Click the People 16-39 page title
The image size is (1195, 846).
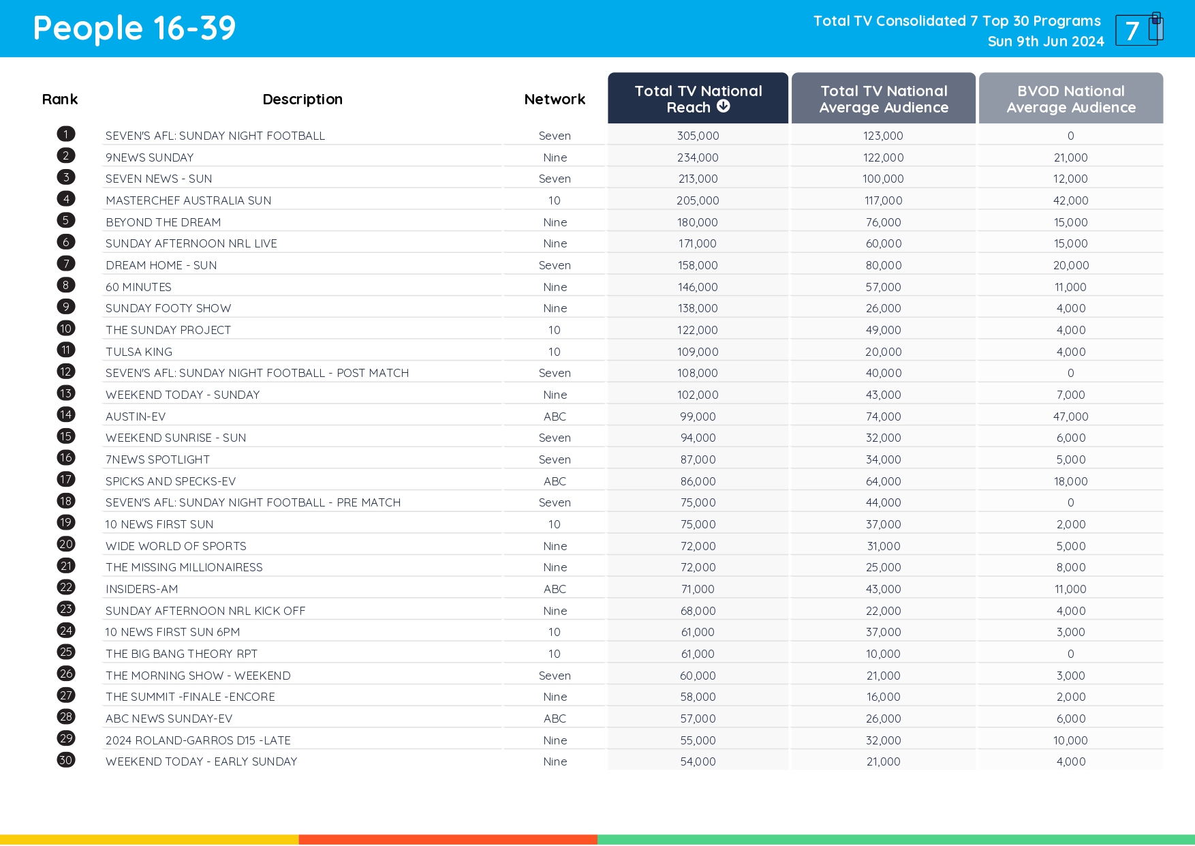[x=134, y=29]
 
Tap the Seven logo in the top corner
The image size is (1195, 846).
[x=1138, y=29]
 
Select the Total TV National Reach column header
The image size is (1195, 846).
[x=698, y=99]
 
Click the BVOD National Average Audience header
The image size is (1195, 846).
[x=1070, y=99]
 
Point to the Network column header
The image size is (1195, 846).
[x=555, y=100]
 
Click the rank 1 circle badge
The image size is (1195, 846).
[x=66, y=134]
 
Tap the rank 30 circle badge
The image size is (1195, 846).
[x=66, y=760]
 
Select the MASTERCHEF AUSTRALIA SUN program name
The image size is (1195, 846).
[x=188, y=200]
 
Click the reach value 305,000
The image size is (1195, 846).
[x=698, y=136]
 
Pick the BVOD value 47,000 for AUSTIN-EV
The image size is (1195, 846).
[x=1070, y=417]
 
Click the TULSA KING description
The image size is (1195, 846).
[x=139, y=352]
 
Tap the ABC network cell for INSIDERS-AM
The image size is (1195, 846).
[x=555, y=589]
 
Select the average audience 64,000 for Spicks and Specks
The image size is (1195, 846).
[x=883, y=481]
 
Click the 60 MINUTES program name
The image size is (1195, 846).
[x=138, y=287]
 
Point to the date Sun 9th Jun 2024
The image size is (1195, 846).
[x=1045, y=42]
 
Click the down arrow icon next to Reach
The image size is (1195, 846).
[x=724, y=106]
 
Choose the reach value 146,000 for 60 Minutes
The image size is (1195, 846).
[x=698, y=287]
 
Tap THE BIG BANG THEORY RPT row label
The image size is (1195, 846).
[x=181, y=654]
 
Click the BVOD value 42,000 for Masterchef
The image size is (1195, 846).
[x=1070, y=200]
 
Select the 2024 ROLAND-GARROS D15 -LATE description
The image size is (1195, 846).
[x=198, y=740]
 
